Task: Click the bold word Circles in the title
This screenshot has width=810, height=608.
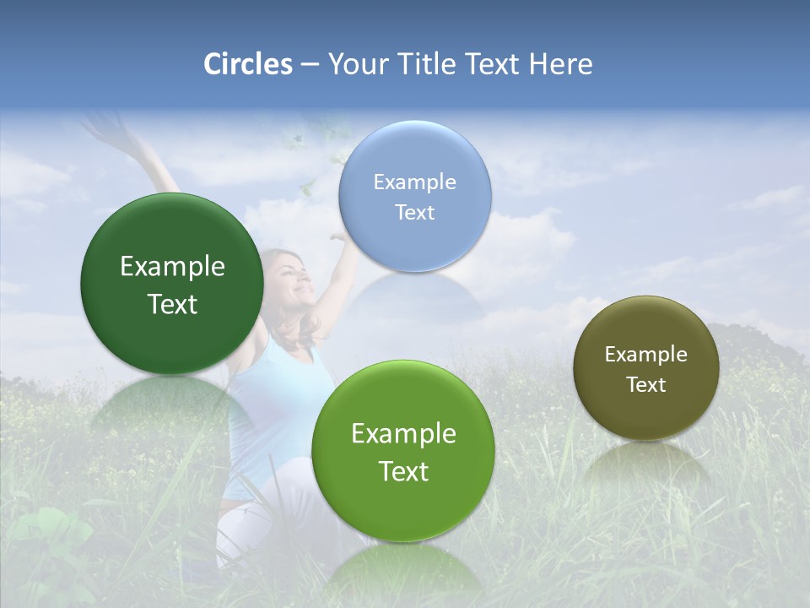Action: pyautogui.click(x=248, y=64)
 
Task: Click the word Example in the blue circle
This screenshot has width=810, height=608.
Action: pyautogui.click(x=414, y=182)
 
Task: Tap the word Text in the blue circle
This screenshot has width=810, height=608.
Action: pyautogui.click(x=414, y=212)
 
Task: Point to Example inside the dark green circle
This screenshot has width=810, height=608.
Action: pyautogui.click(x=172, y=267)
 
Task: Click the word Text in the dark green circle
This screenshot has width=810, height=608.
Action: pyautogui.click(x=172, y=304)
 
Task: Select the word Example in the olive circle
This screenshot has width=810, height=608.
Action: pyautogui.click(x=646, y=354)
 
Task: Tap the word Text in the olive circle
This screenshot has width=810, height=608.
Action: pyautogui.click(x=646, y=384)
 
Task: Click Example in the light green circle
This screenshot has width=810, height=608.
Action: pyautogui.click(x=403, y=434)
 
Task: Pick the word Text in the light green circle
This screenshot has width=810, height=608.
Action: pyautogui.click(x=403, y=471)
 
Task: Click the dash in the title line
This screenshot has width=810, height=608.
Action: pyautogui.click(x=310, y=65)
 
